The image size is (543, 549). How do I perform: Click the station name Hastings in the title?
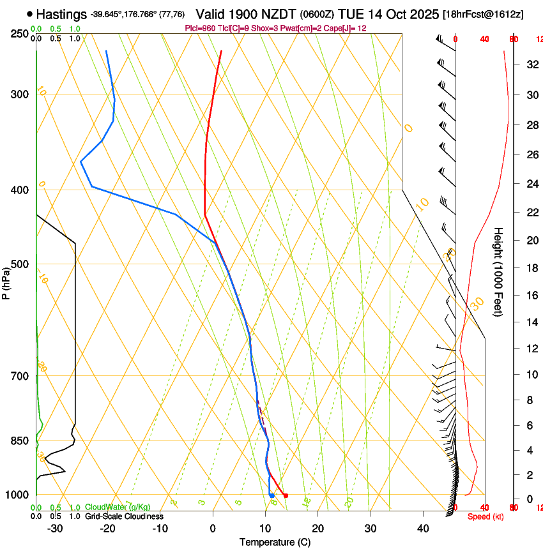click(x=62, y=13)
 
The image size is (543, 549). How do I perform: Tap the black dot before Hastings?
click(x=30, y=13)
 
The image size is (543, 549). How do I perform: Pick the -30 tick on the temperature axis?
click(x=55, y=529)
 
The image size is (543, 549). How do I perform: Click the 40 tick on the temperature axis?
click(x=423, y=529)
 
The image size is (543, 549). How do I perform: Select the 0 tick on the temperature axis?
click(x=213, y=529)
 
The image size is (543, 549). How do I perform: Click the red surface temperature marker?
click(x=286, y=495)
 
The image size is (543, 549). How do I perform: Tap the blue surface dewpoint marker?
click(x=272, y=495)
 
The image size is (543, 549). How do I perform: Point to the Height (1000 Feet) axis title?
click(x=498, y=271)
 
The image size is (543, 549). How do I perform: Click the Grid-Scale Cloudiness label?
click(x=124, y=516)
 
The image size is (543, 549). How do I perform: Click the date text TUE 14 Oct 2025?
click(x=388, y=13)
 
